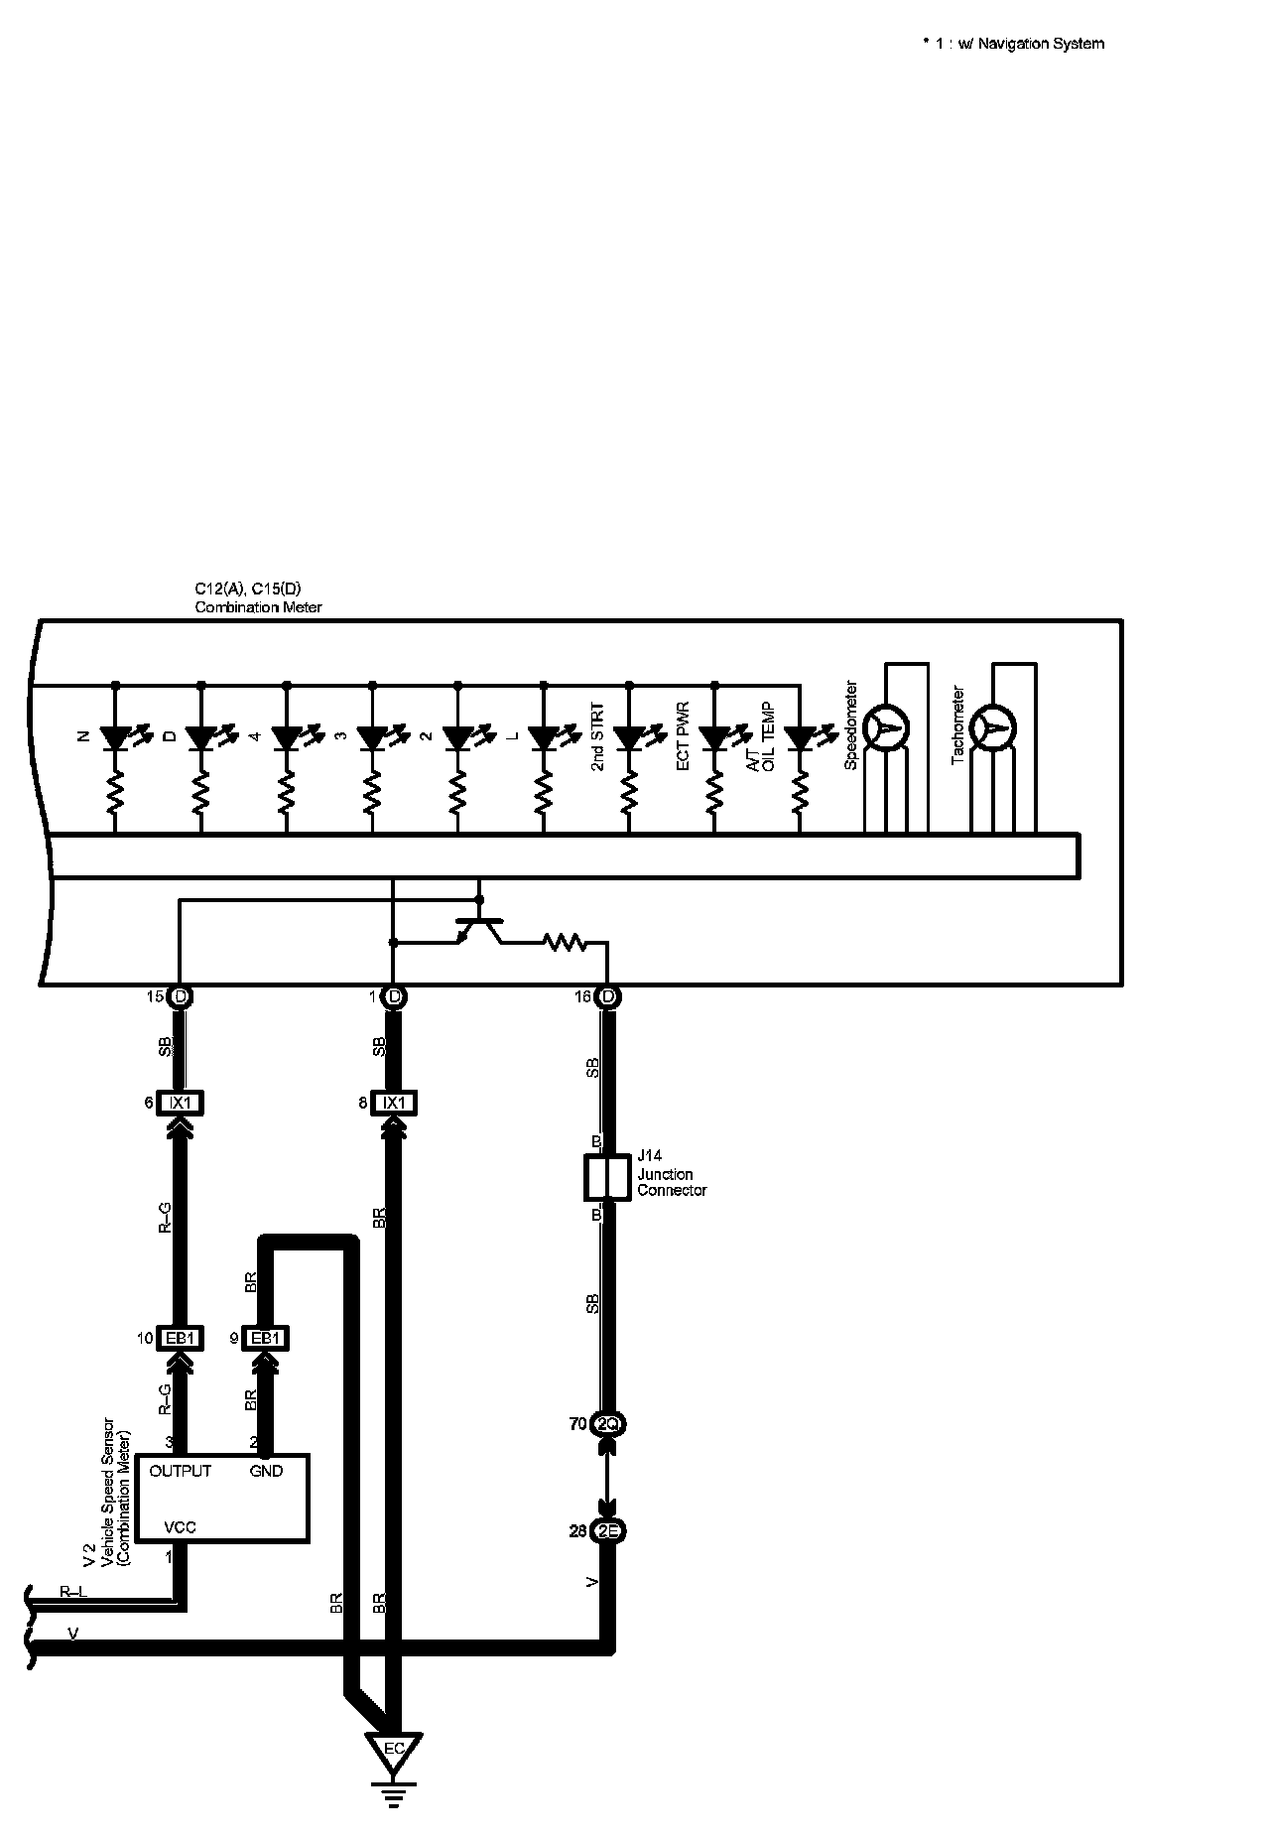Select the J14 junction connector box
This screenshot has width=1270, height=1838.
(x=607, y=1178)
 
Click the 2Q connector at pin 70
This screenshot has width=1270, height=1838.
(x=607, y=1424)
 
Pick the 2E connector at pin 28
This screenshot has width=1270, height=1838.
(x=607, y=1531)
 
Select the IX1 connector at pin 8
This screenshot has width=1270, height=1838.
(x=394, y=1103)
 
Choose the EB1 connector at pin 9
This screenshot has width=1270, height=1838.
(x=266, y=1339)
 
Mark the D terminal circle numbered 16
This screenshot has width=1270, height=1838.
(x=607, y=996)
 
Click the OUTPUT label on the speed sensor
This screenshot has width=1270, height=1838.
(x=180, y=1471)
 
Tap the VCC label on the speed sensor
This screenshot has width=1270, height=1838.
(x=180, y=1527)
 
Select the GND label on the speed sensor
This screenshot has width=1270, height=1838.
(x=266, y=1471)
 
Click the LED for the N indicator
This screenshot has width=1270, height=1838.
(x=116, y=738)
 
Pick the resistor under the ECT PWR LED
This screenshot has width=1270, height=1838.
(x=714, y=792)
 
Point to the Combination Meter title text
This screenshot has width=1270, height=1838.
(x=258, y=607)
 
